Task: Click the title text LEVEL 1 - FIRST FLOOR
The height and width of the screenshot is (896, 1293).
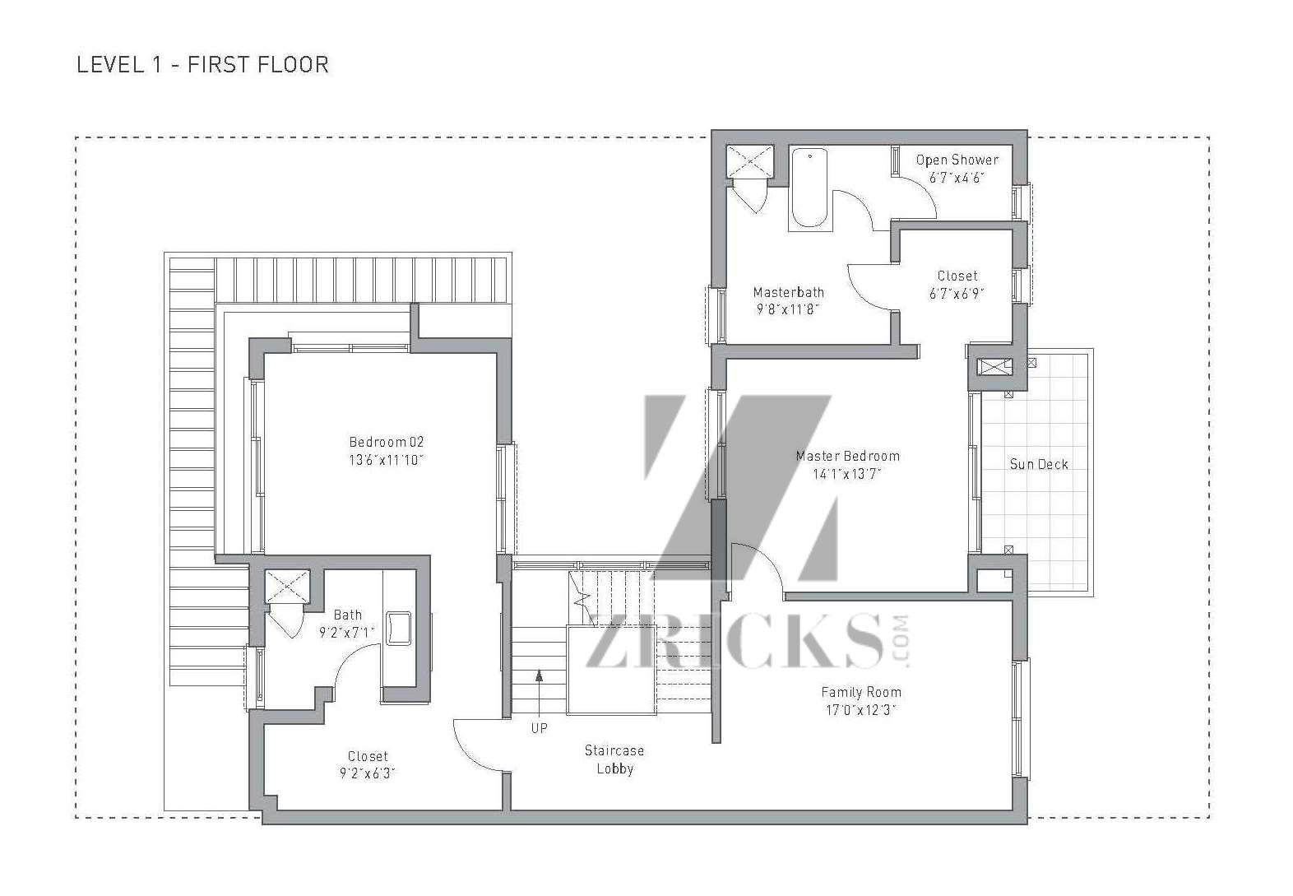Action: click(202, 65)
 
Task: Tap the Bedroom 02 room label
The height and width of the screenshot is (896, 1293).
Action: click(386, 442)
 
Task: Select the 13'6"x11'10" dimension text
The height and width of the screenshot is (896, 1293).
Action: click(386, 460)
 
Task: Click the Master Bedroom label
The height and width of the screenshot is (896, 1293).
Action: click(847, 456)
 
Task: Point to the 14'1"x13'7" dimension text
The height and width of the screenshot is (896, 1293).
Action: click(847, 474)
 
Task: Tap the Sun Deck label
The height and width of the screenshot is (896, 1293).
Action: click(1039, 464)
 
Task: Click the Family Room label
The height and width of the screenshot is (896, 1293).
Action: click(861, 692)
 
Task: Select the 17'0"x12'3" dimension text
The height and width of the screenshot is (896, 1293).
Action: click(861, 709)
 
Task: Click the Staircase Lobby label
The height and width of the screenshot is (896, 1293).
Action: click(614, 759)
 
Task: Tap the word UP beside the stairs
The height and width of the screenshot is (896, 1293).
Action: click(539, 729)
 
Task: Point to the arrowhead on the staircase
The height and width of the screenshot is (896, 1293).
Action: click(539, 675)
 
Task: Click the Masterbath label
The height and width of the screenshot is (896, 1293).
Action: click(789, 292)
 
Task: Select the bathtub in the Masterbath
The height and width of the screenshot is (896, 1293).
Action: click(809, 188)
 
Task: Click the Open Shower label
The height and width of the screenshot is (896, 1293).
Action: click(957, 160)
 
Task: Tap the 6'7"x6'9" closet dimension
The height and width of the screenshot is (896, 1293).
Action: click(957, 294)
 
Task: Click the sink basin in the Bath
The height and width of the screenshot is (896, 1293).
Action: click(399, 628)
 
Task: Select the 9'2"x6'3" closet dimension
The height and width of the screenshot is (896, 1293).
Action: click(368, 773)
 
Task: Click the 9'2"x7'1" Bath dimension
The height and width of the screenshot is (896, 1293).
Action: click(347, 633)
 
